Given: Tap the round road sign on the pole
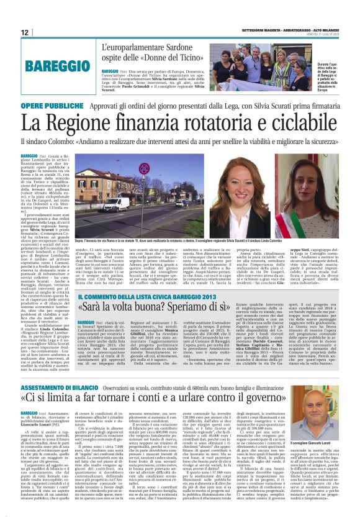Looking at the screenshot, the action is click(176, 181).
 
